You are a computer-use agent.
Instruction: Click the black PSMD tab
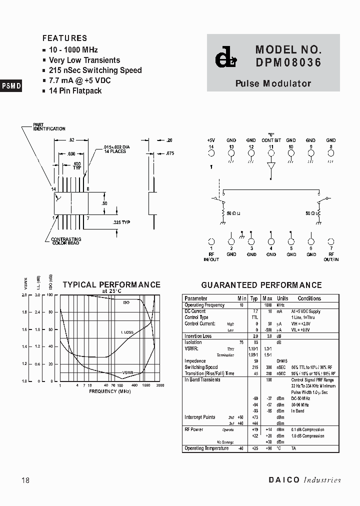point(11,85)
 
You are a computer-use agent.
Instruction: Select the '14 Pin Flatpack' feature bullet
point(75,91)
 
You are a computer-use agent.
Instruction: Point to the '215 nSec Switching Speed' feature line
point(95,70)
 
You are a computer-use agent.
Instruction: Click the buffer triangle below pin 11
point(271,166)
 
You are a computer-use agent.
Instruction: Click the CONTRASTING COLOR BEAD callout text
point(66,241)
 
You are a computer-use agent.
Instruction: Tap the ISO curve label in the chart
point(126,302)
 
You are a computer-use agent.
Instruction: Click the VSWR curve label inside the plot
point(127,372)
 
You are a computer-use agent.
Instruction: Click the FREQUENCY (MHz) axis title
point(110,391)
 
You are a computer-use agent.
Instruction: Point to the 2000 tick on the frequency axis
point(160,385)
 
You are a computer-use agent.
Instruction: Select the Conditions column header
point(309,298)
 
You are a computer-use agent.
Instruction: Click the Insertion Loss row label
point(198,336)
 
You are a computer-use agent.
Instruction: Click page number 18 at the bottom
point(26,480)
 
